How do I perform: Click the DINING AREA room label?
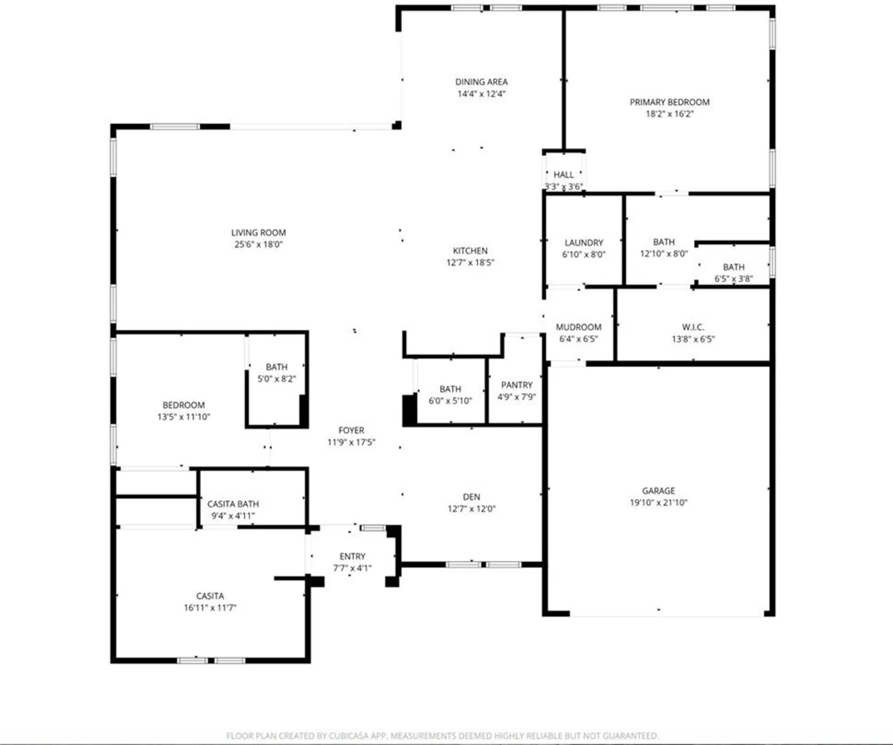point(481,82)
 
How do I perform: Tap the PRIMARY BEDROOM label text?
point(670,102)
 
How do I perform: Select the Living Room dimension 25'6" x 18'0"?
point(259,244)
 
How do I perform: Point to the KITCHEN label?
point(470,251)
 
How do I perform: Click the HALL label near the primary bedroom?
point(563,175)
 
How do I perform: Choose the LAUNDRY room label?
point(584,243)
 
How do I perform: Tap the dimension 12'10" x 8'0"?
point(664,254)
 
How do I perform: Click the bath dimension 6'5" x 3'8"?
point(734,279)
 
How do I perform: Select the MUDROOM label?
point(578,327)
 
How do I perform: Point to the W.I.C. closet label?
point(693,327)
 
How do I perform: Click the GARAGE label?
point(659,491)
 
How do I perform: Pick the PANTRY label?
point(517,385)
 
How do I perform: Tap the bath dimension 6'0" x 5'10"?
point(450,401)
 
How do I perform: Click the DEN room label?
point(472,497)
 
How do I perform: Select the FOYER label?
point(351,430)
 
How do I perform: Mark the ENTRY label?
point(352,556)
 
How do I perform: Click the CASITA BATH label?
point(233,504)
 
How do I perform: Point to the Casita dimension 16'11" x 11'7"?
point(210,608)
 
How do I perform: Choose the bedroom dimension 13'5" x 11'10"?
point(184,417)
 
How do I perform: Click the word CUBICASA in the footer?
point(350,736)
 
